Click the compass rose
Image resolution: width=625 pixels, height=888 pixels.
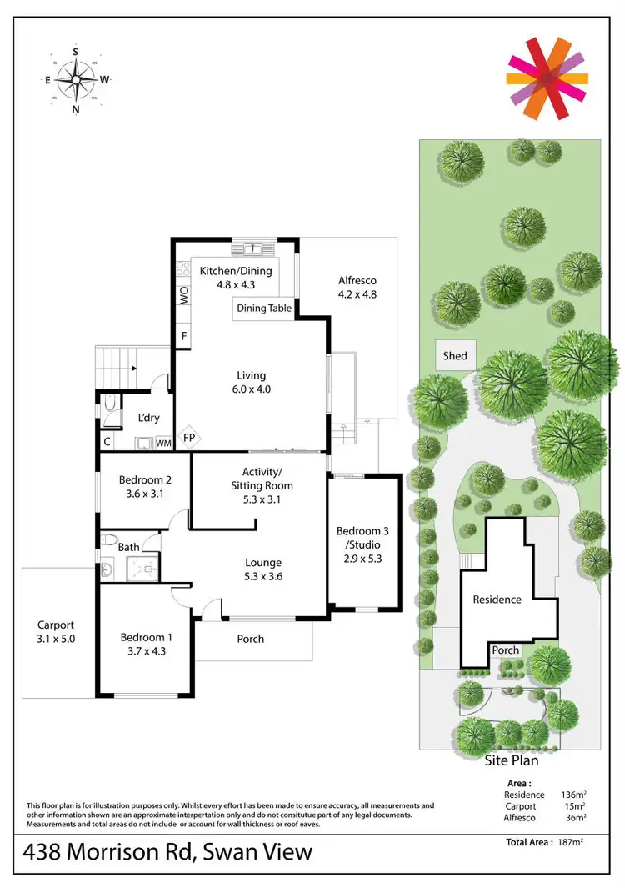coord(76,80)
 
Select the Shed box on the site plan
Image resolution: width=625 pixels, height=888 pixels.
coord(455,355)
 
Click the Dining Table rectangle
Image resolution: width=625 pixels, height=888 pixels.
coord(264,308)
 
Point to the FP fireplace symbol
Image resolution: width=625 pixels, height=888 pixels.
coord(189,438)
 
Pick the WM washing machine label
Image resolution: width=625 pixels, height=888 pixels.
coord(163,443)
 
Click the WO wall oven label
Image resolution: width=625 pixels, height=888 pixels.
coord(184,294)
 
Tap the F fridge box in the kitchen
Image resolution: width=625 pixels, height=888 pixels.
coord(184,336)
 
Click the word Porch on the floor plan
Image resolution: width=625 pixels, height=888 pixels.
coord(250,639)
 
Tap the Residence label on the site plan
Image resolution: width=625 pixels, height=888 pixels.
coord(497,599)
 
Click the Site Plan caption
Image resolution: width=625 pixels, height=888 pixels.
coord(512,760)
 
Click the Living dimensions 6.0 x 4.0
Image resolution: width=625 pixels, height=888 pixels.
coord(251,389)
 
